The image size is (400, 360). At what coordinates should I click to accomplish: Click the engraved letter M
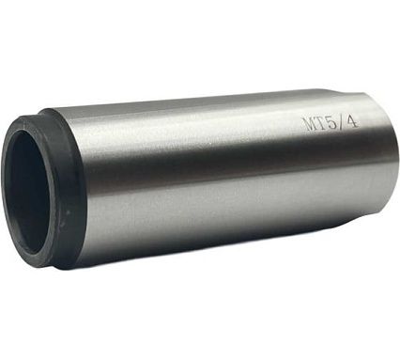click(309, 124)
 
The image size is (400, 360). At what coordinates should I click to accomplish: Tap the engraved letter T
click(322, 123)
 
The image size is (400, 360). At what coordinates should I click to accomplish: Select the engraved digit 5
click(332, 122)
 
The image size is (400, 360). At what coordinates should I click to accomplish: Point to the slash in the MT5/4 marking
click(342, 122)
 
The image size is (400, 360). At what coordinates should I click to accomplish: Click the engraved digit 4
click(352, 121)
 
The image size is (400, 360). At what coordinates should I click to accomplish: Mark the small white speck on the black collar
click(67, 212)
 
